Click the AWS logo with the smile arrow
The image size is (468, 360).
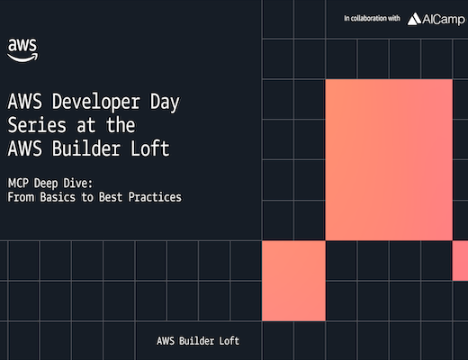point(22,50)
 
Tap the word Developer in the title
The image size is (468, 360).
point(96,102)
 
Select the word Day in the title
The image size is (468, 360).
point(165,103)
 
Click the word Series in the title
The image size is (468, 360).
point(37,125)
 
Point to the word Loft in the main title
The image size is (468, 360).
point(150,148)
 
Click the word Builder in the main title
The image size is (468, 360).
point(86,148)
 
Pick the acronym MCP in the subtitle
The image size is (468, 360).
point(18,183)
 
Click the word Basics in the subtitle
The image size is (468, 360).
point(58,197)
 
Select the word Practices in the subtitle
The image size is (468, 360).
point(155,197)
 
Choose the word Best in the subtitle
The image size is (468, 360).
point(111,197)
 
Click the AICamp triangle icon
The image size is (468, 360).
point(414,19)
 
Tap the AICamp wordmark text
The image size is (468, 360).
point(444,20)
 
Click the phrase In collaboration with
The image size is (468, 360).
point(372,18)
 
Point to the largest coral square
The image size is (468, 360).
point(389,160)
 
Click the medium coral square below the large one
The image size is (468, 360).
point(293,281)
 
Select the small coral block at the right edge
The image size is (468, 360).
point(460,261)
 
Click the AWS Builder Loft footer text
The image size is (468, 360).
point(198,341)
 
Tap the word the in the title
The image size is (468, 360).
point(121,125)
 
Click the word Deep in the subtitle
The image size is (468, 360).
point(46,184)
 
